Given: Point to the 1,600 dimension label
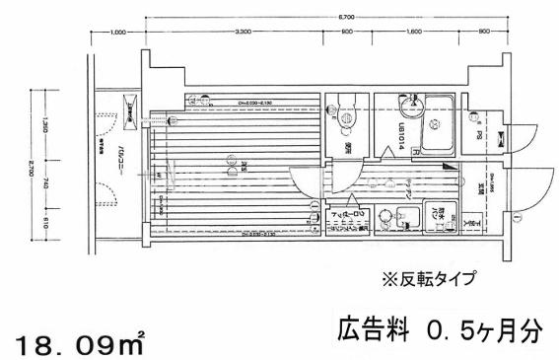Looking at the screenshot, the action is (413, 35).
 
